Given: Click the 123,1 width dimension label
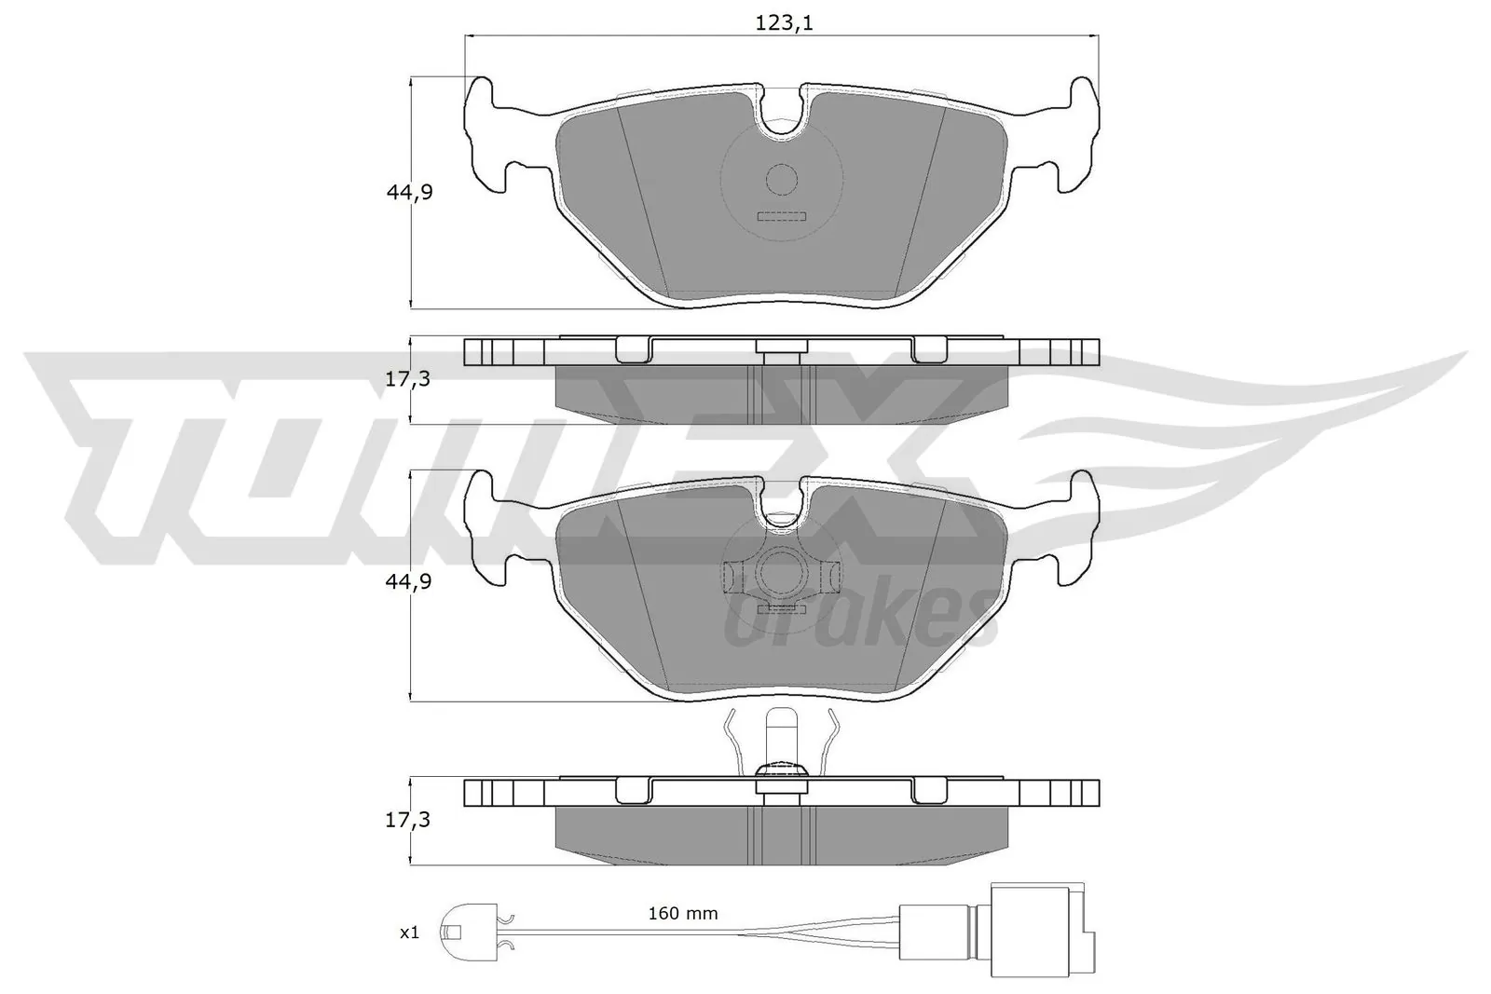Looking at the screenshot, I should tap(783, 23).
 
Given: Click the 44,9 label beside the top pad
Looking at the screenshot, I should tap(410, 193).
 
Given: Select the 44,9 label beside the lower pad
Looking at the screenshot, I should tap(410, 581).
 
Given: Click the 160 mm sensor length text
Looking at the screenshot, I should tap(683, 913).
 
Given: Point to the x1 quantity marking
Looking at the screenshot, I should tap(409, 933).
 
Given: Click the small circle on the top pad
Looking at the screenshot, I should tap(782, 179).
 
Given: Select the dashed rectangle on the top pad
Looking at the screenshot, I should tap(781, 217).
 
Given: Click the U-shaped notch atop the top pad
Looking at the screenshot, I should tap(782, 116).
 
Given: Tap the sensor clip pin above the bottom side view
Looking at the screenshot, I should tap(781, 736).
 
